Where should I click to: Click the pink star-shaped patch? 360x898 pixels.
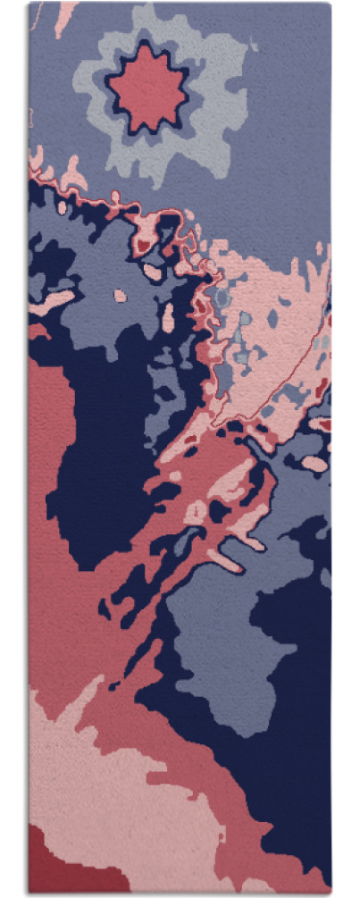coord(147,88)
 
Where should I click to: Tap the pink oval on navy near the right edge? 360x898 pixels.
coord(314,463)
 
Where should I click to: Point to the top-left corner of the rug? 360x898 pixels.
coord(29,4)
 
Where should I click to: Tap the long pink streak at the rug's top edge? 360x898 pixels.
coord(64,18)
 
